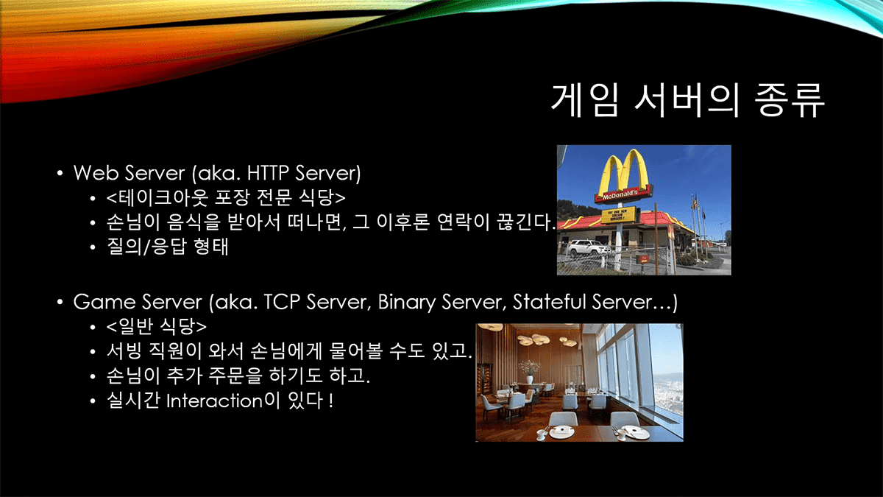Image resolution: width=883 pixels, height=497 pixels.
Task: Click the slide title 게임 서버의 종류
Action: pos(687,101)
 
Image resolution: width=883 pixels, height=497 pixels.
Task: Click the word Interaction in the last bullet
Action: pos(214,401)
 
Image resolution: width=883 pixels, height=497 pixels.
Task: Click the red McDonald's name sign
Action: pos(624,195)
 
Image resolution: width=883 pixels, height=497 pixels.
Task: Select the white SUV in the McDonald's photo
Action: pos(587,247)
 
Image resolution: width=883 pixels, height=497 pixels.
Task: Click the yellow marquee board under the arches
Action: pos(619,215)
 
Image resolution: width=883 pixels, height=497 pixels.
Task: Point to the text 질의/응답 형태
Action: pos(167,247)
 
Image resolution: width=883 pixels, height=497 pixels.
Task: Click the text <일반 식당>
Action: pos(156,325)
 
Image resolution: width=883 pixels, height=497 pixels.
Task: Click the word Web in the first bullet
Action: pos(96,173)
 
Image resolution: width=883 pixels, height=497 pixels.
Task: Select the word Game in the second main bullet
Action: pos(104,302)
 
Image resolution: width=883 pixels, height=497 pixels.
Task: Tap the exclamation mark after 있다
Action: pos(330,401)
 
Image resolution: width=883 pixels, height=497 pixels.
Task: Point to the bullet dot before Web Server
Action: pos(60,173)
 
